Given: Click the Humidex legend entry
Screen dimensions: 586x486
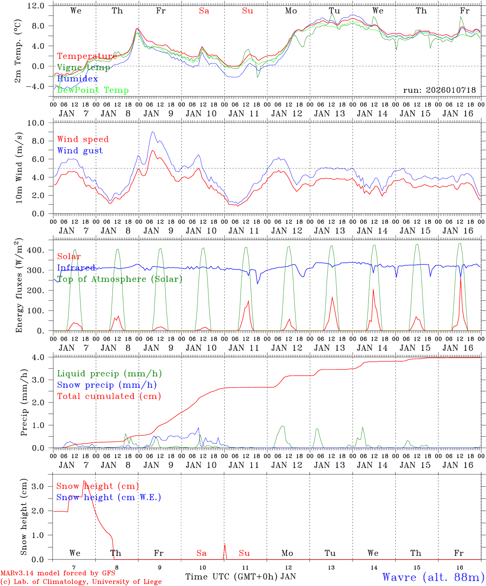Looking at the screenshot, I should tap(78, 79).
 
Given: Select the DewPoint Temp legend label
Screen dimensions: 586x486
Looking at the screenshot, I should tap(93, 90).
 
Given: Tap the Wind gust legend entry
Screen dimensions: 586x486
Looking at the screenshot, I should tap(80, 151).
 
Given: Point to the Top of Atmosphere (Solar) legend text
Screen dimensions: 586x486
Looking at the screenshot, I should tap(120, 279).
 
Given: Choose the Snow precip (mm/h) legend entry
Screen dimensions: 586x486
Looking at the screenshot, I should tap(107, 385).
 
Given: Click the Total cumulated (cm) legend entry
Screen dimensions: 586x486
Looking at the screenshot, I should tap(109, 396).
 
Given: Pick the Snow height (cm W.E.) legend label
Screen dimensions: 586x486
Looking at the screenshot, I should tap(109, 497).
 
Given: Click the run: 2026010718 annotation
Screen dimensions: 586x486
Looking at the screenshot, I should tap(439, 90).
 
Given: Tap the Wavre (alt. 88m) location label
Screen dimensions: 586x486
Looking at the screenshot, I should tap(433, 577).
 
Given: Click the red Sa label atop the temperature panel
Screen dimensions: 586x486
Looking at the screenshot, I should tap(204, 11).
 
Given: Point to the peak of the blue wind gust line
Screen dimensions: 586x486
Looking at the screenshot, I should tap(152, 132).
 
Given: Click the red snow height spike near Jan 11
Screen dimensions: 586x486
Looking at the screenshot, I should tap(225, 545).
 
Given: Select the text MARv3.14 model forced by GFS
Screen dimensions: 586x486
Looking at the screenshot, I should tap(58, 573).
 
